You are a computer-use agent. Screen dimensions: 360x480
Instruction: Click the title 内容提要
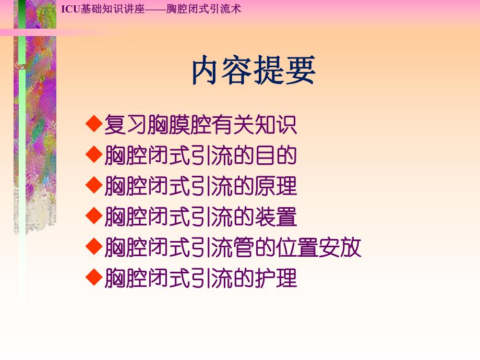click(254, 71)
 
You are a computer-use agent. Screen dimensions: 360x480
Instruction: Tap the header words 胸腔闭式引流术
click(203, 9)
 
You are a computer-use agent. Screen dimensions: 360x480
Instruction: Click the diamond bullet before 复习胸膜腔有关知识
click(93, 124)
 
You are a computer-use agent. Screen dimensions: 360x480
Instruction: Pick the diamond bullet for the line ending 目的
click(93, 154)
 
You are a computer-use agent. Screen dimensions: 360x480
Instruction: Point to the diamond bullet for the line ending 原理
click(93, 185)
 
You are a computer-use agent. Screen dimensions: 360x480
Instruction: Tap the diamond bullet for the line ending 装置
click(93, 215)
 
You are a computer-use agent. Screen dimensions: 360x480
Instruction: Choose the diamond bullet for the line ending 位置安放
click(93, 246)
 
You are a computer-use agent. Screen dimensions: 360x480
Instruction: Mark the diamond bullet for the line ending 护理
click(93, 277)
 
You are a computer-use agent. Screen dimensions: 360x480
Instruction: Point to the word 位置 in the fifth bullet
click(297, 247)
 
